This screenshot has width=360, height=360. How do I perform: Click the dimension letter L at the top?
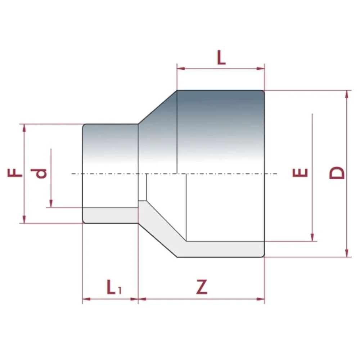[221, 58]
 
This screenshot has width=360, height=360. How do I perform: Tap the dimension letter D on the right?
[337, 173]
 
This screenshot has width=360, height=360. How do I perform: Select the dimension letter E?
[300, 172]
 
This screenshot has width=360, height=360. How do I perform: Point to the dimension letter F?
[15, 173]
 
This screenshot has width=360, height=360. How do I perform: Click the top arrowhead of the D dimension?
[347, 94]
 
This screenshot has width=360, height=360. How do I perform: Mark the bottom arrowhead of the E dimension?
[312, 237]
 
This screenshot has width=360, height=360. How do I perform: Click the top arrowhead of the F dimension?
[24, 128]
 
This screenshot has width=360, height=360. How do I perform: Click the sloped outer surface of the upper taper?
[158, 107]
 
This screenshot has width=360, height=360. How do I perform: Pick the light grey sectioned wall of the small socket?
[110, 215]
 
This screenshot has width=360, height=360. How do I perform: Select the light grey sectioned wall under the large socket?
[223, 249]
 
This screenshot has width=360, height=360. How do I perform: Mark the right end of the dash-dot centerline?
[277, 174]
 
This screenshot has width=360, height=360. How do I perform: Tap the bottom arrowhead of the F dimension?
[24, 219]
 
